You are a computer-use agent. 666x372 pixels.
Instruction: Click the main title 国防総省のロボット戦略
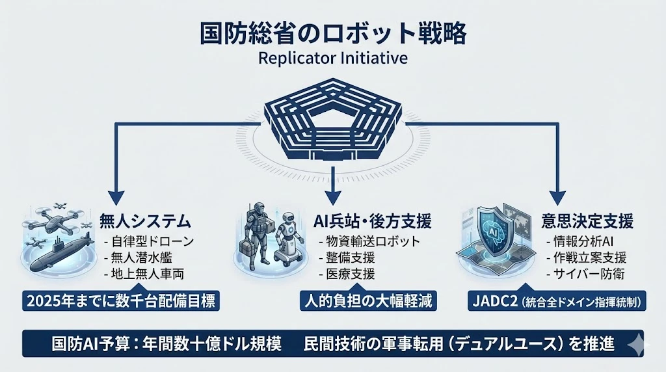[332, 34]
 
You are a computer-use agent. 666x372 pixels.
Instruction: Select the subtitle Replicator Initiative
[332, 58]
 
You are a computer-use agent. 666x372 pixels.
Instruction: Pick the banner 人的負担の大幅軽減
[367, 301]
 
